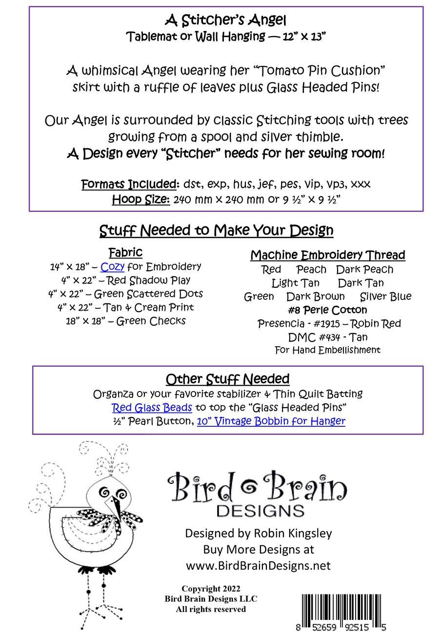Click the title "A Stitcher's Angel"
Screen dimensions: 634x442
pyautogui.click(x=225, y=20)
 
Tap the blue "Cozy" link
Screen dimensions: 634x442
pyautogui.click(x=112, y=267)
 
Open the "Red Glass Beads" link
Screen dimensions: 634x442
pyautogui.click(x=152, y=408)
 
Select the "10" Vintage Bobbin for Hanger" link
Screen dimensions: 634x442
pyautogui.click(x=271, y=421)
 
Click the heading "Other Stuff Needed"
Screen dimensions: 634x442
pyautogui.click(x=227, y=379)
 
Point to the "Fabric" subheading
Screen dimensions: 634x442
pyautogui.click(x=125, y=253)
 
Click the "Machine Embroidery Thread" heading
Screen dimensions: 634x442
pyautogui.click(x=327, y=255)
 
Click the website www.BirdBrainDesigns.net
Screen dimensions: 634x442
pyautogui.click(x=258, y=566)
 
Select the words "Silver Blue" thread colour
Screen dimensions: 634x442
pyautogui.click(x=385, y=297)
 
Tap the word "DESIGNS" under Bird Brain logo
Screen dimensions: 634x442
pyautogui.click(x=260, y=511)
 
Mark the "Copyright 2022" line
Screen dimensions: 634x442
pyautogui.click(x=211, y=589)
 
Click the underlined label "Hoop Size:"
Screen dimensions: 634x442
pyautogui.click(x=141, y=199)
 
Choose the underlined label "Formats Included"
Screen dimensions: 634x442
pyautogui.click(x=129, y=184)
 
